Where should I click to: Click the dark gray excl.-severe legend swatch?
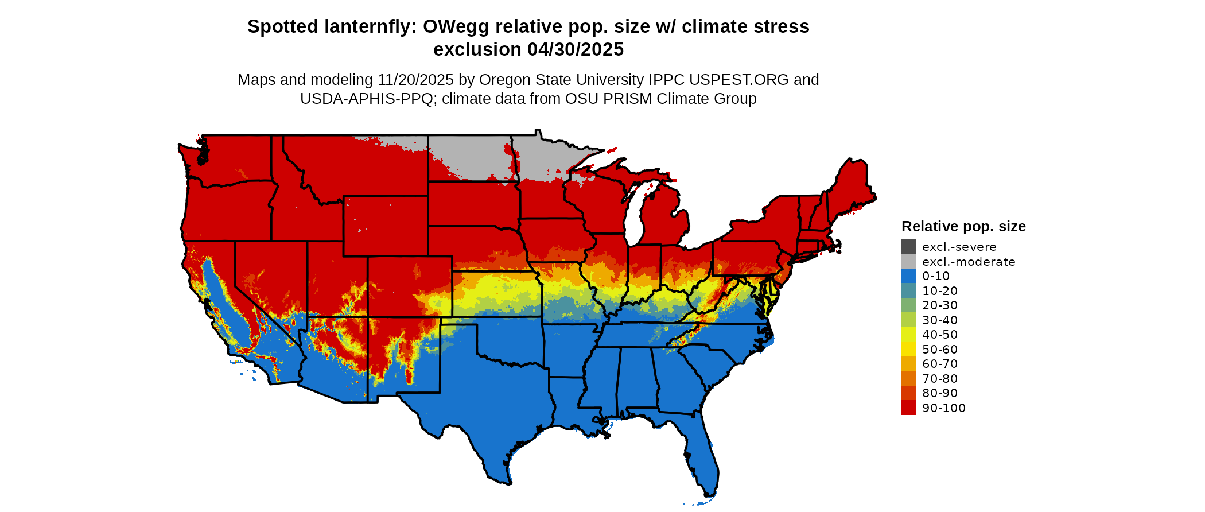point(908,247)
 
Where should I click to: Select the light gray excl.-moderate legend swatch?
point(908,262)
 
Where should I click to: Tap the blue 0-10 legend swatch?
point(908,276)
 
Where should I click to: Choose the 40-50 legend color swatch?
point(908,335)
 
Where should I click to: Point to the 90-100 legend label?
point(944,408)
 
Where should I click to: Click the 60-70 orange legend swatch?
point(908,364)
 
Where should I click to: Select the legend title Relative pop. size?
point(963,227)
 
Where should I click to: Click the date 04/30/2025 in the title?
point(576,50)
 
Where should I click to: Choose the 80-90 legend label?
point(940,393)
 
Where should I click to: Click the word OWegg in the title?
point(457,27)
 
